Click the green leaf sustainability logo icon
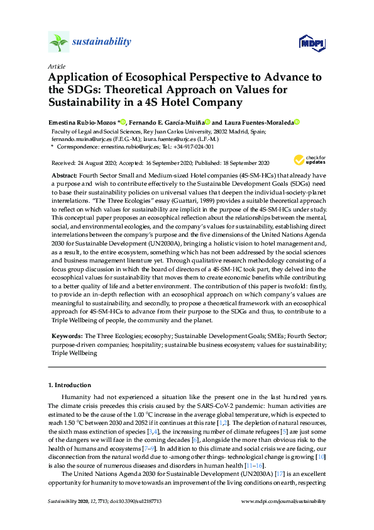58,43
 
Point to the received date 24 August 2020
100,162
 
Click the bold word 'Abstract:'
65,176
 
